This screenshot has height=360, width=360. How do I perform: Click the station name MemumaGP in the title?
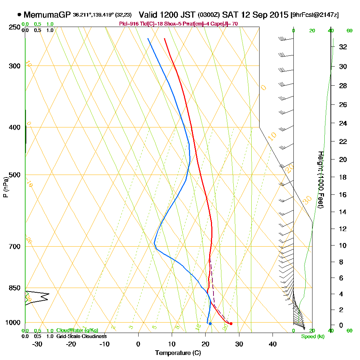[x=47, y=15]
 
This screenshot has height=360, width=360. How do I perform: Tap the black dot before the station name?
[x=19, y=15]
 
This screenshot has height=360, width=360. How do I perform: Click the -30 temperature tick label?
[x=37, y=344]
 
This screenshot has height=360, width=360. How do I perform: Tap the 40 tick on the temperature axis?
[x=273, y=344]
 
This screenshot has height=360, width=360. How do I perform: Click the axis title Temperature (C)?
[x=178, y=353]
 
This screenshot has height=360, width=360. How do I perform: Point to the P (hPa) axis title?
[x=5, y=187]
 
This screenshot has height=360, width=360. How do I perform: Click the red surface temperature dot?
[x=231, y=324]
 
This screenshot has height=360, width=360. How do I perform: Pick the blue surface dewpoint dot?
[x=210, y=324]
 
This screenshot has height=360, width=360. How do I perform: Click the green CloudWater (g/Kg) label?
[x=77, y=330]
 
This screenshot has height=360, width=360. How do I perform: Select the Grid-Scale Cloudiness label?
[x=81, y=336]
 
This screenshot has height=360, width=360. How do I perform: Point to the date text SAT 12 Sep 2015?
[x=256, y=15]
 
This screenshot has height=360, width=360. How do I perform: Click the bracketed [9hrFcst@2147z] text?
[x=314, y=15]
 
